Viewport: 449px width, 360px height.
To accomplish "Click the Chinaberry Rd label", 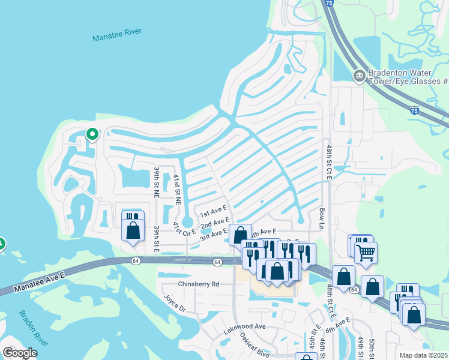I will click(x=199, y=283).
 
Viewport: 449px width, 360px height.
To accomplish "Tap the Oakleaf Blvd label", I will click(x=255, y=345).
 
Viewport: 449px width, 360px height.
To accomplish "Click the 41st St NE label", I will click(x=176, y=187).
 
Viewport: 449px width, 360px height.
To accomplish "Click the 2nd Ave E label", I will click(x=215, y=223).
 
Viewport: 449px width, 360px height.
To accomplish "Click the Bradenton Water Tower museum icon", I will click(x=359, y=76).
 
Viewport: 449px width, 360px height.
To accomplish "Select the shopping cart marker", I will click(x=366, y=252).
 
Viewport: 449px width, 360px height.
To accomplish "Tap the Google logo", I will click(x=20, y=353).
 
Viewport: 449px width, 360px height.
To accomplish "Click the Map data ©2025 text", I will click(x=424, y=355).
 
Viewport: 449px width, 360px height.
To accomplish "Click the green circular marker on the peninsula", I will click(x=92, y=134).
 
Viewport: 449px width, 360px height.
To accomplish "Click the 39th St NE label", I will click(x=155, y=182).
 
